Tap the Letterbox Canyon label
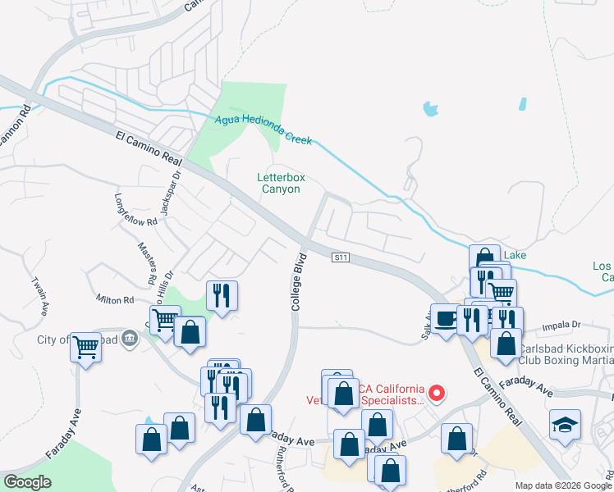(x=279, y=182)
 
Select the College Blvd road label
(x=298, y=281)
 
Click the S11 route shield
(x=341, y=257)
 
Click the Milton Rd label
(x=115, y=301)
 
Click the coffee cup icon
(x=445, y=318)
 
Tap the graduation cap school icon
(x=566, y=424)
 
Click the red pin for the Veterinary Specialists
(x=437, y=393)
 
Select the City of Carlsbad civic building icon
(x=129, y=337)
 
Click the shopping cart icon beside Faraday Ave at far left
(x=86, y=347)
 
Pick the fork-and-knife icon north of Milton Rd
(x=222, y=295)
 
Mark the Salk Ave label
(x=428, y=321)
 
